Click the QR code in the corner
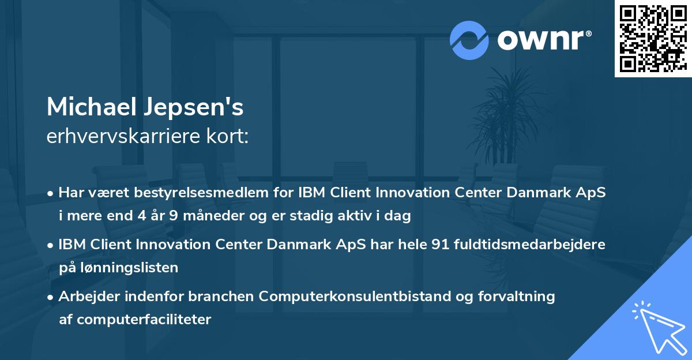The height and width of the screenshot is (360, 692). coord(653,38)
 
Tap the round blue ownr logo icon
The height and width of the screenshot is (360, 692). coord(469,40)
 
